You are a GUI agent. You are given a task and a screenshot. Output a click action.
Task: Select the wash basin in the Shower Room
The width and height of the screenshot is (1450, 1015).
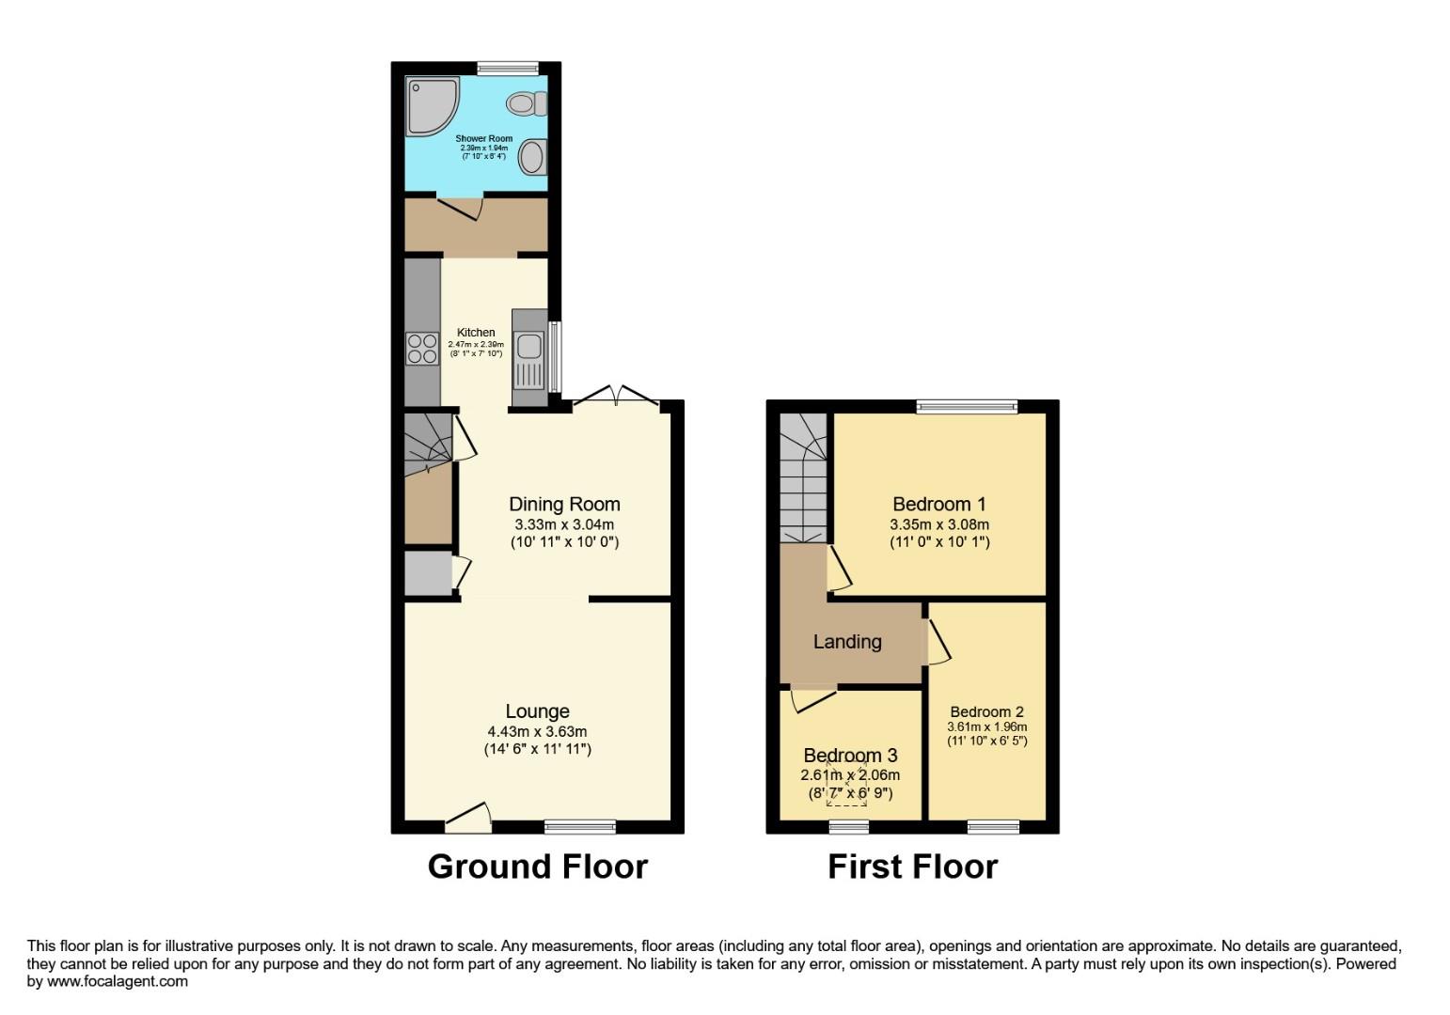click(x=533, y=156)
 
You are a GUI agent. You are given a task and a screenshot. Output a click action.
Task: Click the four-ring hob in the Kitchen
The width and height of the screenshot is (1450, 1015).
click(x=422, y=349)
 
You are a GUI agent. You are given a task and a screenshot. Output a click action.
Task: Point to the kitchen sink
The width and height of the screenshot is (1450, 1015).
click(x=529, y=347)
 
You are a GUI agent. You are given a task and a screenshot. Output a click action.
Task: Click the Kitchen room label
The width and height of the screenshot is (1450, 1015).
click(x=476, y=332)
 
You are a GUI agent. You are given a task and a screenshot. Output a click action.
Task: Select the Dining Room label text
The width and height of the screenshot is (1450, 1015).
click(x=564, y=505)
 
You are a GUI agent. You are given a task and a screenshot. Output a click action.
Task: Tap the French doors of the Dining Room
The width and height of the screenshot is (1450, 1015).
click(x=616, y=397)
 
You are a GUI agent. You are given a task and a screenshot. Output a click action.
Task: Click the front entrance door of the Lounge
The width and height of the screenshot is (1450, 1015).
click(x=468, y=819)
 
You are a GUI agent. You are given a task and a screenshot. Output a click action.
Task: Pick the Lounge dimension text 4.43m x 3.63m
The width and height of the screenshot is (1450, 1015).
click(x=537, y=731)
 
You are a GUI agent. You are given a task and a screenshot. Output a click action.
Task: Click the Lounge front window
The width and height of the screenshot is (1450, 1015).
click(x=580, y=827)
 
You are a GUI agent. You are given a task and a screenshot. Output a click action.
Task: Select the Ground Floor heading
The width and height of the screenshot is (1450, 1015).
click(x=537, y=866)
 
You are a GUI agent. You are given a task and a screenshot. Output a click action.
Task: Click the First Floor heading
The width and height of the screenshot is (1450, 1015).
click(x=912, y=866)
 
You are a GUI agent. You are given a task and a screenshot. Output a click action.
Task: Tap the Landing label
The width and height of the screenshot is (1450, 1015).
click(x=847, y=641)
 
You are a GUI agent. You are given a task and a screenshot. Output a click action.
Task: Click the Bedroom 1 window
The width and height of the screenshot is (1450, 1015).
click(x=967, y=407)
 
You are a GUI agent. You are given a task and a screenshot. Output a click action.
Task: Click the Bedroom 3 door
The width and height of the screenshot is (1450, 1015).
click(x=813, y=699)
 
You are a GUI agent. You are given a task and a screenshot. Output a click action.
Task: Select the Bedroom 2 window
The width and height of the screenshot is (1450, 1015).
click(x=994, y=827)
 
